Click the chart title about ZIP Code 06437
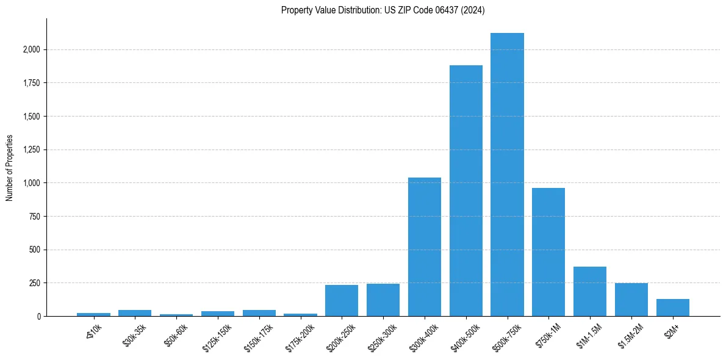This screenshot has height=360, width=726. click(383, 10)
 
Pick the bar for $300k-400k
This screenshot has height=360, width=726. click(424, 247)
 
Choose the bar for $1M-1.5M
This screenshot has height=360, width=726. click(589, 291)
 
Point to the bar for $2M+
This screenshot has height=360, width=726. click(672, 308)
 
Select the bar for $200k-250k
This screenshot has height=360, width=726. click(341, 300)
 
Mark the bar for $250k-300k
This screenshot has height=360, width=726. click(383, 300)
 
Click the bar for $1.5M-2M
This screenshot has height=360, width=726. click(631, 300)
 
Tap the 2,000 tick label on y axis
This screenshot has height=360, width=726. click(32, 49)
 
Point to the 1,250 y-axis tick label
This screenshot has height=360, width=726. click(32, 149)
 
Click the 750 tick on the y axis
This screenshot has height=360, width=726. click(35, 216)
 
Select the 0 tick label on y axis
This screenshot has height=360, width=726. click(39, 316)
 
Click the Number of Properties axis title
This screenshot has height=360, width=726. click(9, 167)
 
